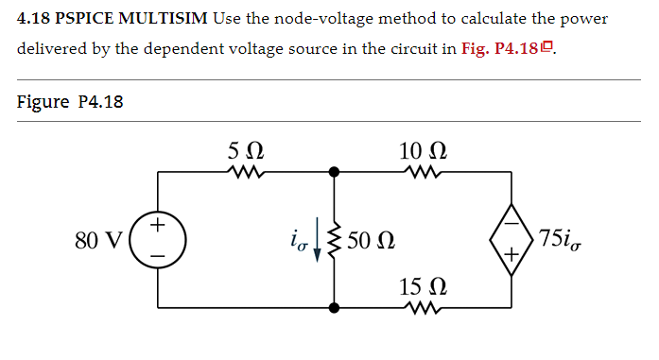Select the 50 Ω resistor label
370,241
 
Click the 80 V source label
97,240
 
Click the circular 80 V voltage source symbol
159,240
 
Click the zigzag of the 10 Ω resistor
419,173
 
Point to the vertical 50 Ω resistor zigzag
332,240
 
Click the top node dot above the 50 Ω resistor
333,173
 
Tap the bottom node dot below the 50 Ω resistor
333,307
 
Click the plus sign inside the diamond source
512,254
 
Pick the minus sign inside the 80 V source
159,255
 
